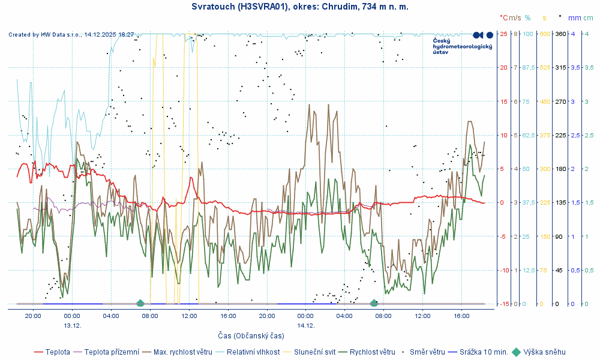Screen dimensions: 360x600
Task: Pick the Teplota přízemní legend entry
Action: click(x=112, y=352)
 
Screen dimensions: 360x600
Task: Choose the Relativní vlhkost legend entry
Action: click(x=253, y=352)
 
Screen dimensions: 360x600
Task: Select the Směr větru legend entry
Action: click(x=427, y=352)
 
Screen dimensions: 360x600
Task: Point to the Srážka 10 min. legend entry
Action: click(x=484, y=352)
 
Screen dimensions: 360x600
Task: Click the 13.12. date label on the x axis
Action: click(x=72, y=325)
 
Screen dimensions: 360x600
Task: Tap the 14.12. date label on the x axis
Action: click(x=305, y=325)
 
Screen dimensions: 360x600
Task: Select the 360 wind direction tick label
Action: click(x=560, y=34)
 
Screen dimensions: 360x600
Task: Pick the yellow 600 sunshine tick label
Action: click(x=545, y=34)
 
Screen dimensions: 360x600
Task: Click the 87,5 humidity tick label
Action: click(x=529, y=67)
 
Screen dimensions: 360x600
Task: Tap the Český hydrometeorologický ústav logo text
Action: click(x=462, y=47)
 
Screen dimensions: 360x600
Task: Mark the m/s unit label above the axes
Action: click(x=515, y=18)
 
